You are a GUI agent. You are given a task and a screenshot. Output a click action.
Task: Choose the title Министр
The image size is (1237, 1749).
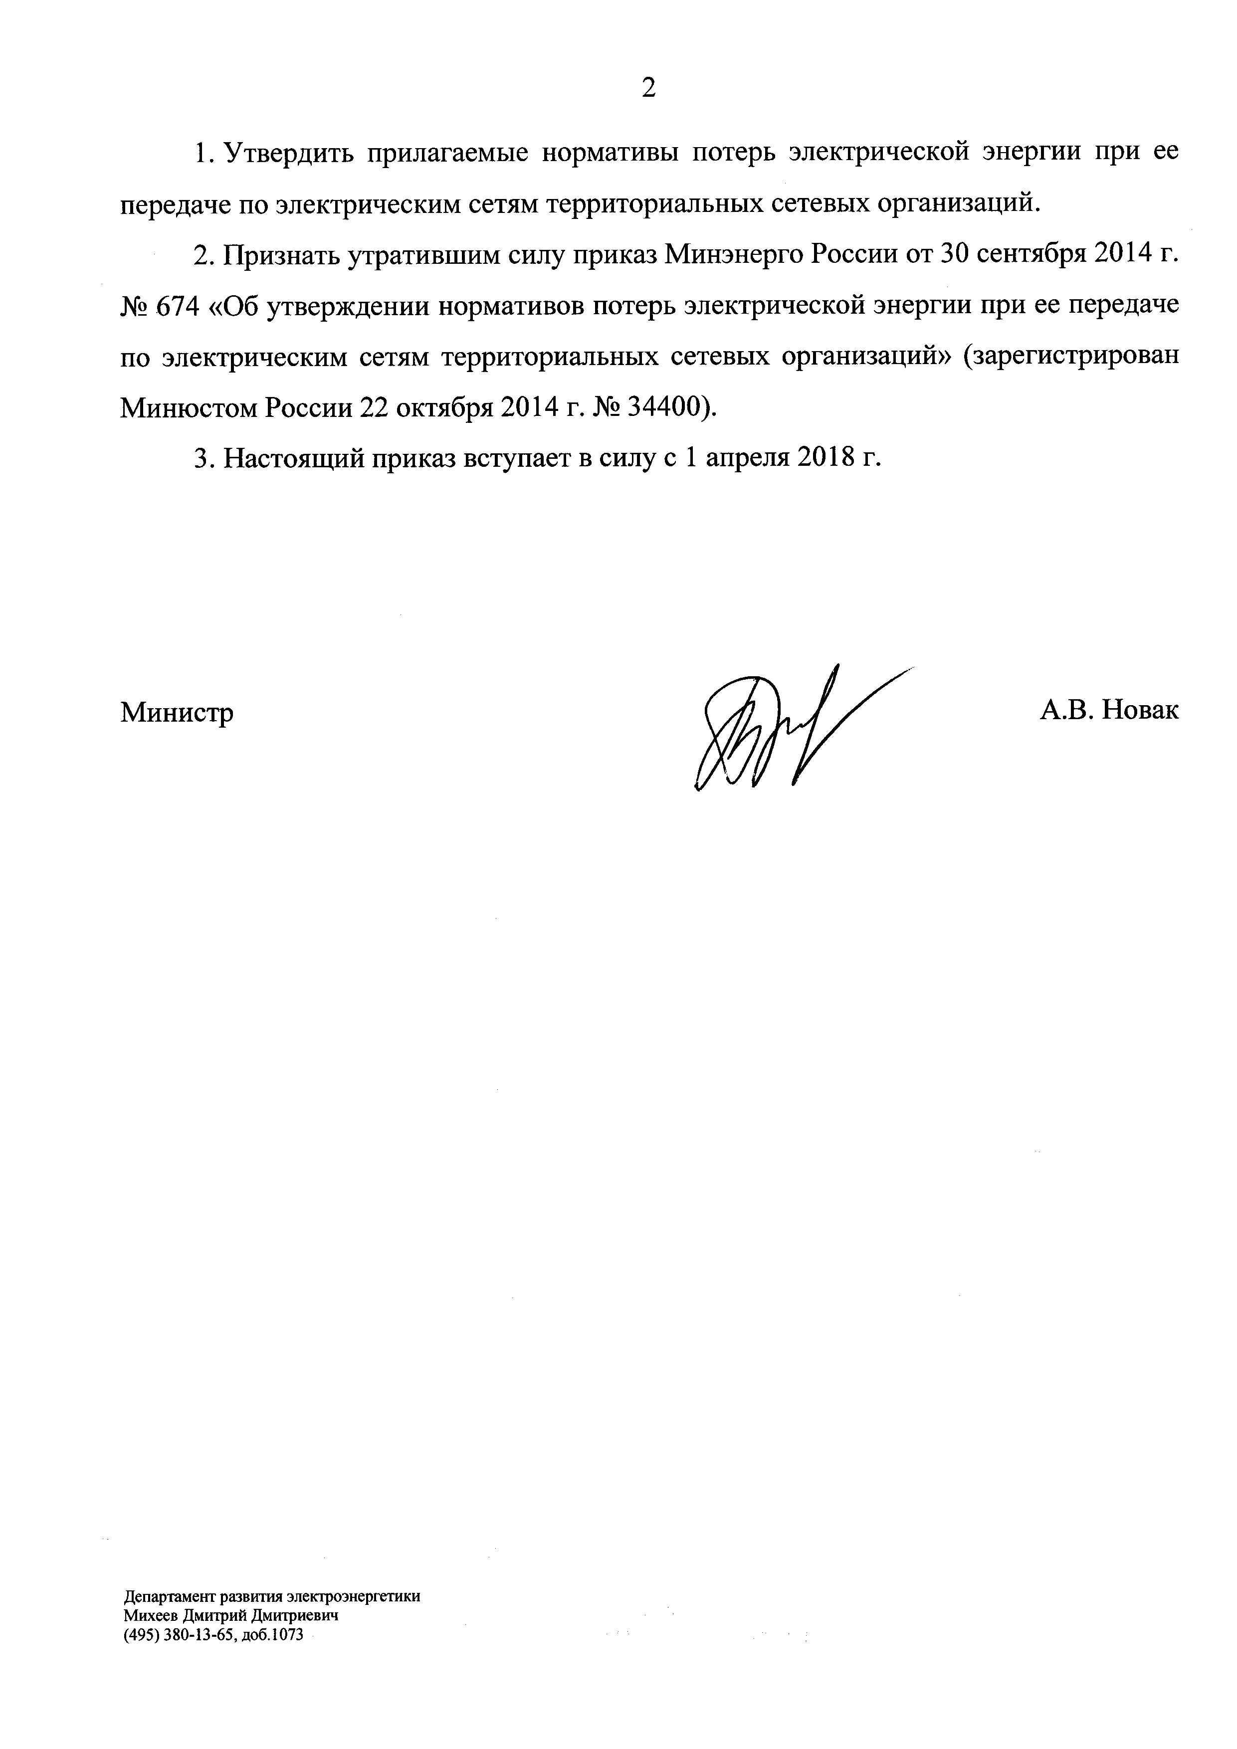pos(177,712)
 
